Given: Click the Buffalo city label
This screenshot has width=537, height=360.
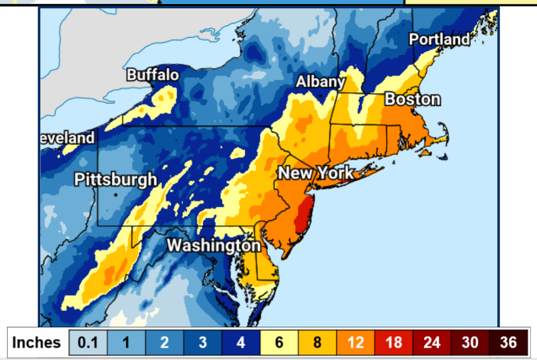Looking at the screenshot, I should pyautogui.click(x=153, y=75).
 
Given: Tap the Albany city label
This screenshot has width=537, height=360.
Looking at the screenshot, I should pyautogui.click(x=320, y=82).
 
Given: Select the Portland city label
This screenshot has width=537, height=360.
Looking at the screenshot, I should pyautogui.click(x=439, y=39).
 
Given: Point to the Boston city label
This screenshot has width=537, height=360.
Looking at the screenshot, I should pyautogui.click(x=413, y=99).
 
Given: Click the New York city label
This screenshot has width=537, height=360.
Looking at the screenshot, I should pyautogui.click(x=315, y=173).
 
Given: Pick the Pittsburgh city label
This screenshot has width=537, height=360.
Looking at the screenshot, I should pyautogui.click(x=116, y=179).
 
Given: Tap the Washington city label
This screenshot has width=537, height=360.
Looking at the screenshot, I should pyautogui.click(x=214, y=246).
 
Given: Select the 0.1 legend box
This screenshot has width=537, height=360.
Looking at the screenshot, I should pyautogui.click(x=88, y=342).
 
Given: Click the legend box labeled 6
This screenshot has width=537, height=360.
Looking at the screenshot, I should pyautogui.click(x=279, y=342).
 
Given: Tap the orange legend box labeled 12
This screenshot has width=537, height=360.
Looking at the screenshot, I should pyautogui.click(x=355, y=342).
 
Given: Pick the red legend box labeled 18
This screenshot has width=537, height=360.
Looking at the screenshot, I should pyautogui.click(x=394, y=342).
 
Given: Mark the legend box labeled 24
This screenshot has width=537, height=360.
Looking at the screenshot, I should pyautogui.click(x=432, y=342).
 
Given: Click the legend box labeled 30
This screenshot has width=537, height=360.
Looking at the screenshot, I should pyautogui.click(x=470, y=342).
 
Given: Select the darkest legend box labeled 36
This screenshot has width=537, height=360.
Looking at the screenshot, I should pyautogui.click(x=508, y=342).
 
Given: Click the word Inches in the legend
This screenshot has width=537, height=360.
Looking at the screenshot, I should pyautogui.click(x=37, y=342).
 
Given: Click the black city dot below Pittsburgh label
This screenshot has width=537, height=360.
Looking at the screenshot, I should pyautogui.click(x=116, y=194).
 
